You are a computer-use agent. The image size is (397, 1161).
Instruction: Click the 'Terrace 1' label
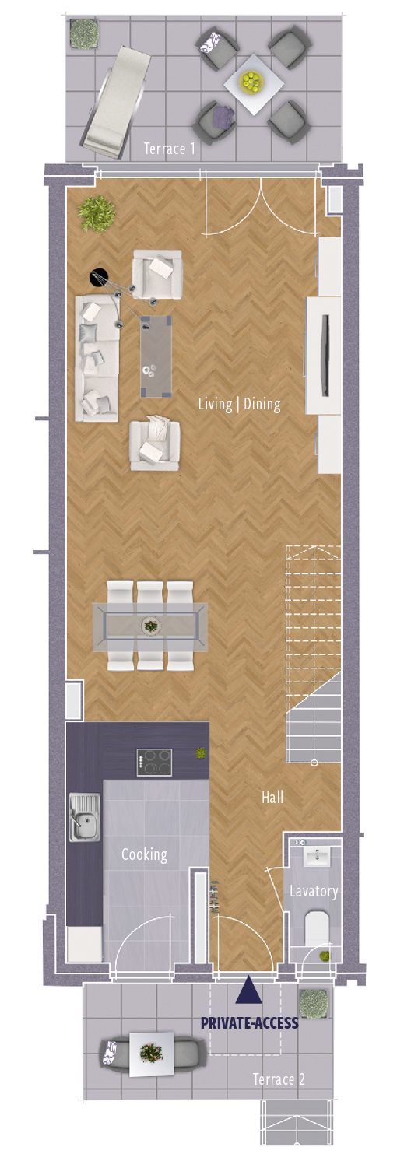tap(169, 149)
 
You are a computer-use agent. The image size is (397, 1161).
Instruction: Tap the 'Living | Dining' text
tap(239, 404)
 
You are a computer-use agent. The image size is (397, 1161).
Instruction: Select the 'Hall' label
tap(272, 797)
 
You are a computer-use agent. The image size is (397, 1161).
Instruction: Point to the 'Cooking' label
tap(144, 854)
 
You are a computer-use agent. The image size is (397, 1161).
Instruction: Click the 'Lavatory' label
tap(314, 892)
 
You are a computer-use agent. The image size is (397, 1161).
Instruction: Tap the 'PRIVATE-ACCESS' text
tap(249, 1022)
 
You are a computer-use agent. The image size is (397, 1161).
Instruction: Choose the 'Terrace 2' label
tap(279, 1079)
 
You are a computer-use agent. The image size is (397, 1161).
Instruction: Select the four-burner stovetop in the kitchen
tap(154, 763)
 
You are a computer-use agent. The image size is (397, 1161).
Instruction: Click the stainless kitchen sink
tap(85, 817)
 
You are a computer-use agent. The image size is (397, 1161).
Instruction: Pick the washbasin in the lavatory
tap(315, 857)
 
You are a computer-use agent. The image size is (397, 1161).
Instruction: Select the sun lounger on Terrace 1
tap(115, 102)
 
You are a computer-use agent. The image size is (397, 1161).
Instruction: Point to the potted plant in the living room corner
tap(97, 213)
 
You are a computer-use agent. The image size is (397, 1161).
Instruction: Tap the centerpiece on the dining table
tap(151, 626)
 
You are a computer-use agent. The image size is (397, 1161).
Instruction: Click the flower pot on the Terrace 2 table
tap(151, 1053)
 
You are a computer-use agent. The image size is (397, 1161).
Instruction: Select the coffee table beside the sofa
tap(156, 356)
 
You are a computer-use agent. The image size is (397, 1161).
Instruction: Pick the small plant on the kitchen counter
tap(201, 752)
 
